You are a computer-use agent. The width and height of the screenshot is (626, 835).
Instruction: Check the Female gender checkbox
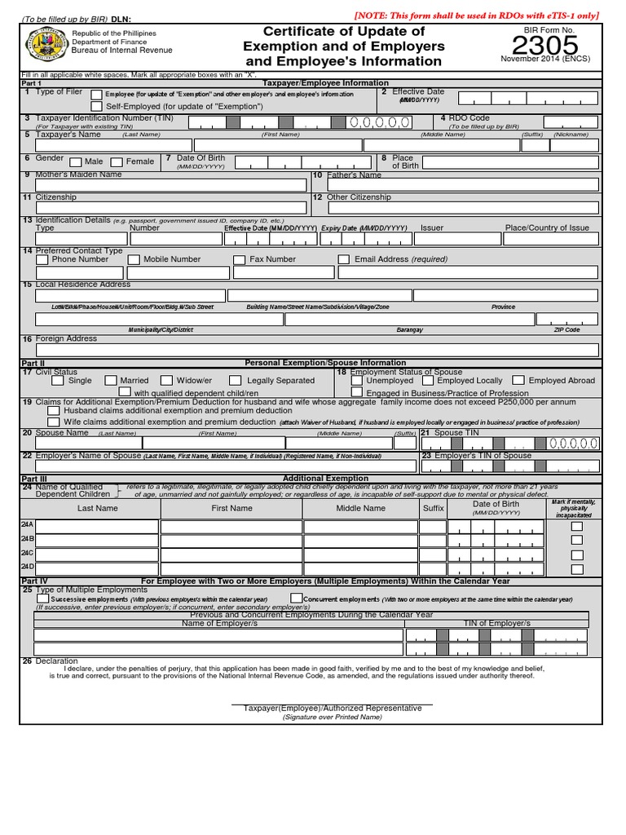[x=117, y=161]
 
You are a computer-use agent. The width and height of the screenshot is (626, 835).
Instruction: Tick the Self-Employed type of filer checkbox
[x=97, y=107]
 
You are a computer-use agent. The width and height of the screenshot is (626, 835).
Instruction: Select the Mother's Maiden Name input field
[x=164, y=185]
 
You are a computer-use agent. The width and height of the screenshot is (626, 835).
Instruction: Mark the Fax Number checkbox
[x=239, y=260]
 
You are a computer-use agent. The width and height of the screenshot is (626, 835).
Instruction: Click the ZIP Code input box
[x=567, y=319]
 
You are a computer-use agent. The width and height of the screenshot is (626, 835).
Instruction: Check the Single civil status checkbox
[x=58, y=380]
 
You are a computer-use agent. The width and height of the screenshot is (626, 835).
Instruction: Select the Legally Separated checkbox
[x=235, y=380]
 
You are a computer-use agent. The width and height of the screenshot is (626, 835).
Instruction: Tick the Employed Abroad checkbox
[x=518, y=380]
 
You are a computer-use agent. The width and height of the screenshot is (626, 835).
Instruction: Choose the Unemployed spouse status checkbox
[x=356, y=380]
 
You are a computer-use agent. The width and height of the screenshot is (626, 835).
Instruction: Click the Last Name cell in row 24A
[x=97, y=527]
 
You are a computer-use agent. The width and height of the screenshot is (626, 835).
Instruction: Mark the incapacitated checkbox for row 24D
[x=577, y=569]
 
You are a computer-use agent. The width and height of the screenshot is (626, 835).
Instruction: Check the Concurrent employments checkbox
[x=296, y=599]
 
